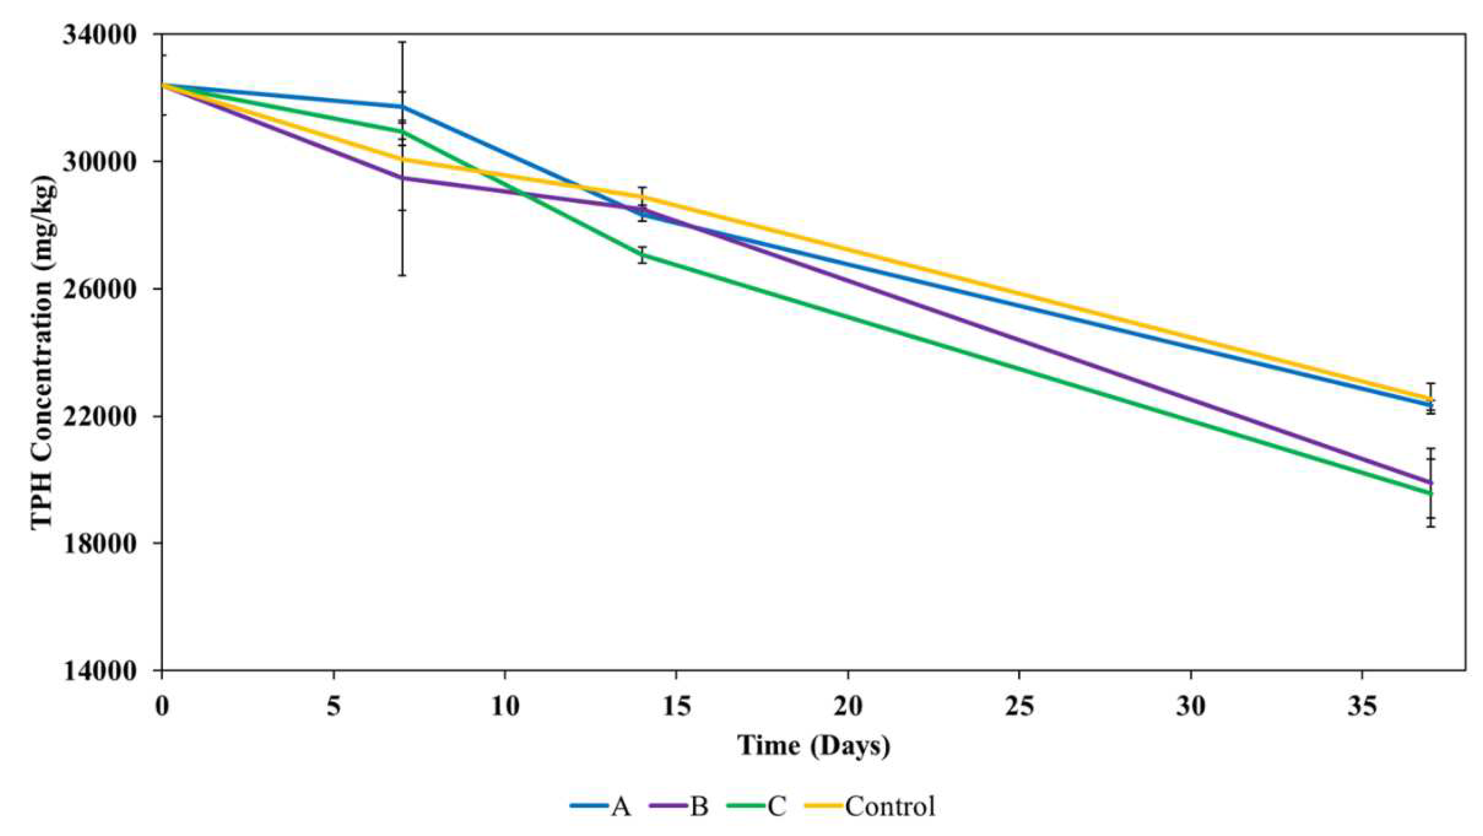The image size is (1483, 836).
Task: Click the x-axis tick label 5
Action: [x=334, y=707]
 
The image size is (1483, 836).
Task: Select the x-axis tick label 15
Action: [x=676, y=707]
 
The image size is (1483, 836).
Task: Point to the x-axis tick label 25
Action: [x=1019, y=707]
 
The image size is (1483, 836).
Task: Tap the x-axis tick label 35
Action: [x=1362, y=707]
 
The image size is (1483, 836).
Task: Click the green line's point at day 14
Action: [x=642, y=254]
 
